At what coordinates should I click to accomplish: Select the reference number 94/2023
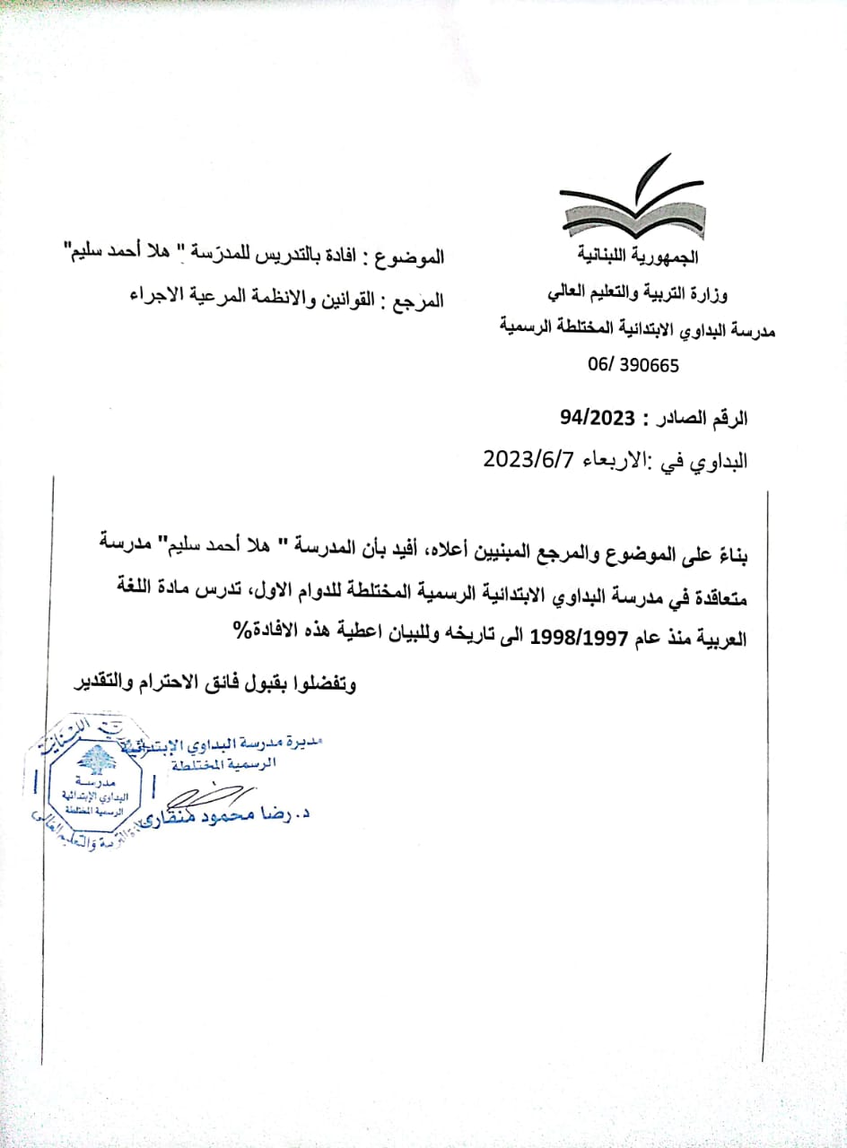point(597,417)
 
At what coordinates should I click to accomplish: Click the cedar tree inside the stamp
point(93,760)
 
